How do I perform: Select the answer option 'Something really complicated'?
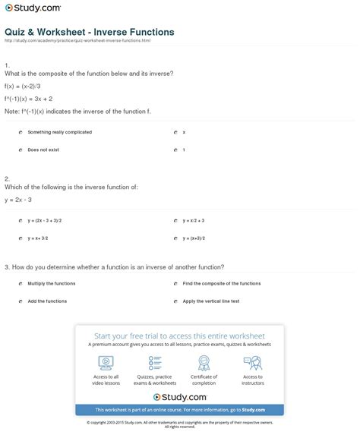tap(59, 132)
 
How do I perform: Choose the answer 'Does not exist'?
tap(43, 150)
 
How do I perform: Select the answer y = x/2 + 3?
tap(194, 221)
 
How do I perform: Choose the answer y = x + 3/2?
tap(38, 238)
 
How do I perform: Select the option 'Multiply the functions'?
tap(52, 283)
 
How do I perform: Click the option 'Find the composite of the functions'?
tap(222, 283)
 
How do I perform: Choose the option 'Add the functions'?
tap(47, 301)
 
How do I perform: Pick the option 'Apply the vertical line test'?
tap(211, 301)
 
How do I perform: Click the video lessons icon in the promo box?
tap(106, 363)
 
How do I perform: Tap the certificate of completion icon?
tap(204, 363)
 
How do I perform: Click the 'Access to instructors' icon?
tap(253, 363)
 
